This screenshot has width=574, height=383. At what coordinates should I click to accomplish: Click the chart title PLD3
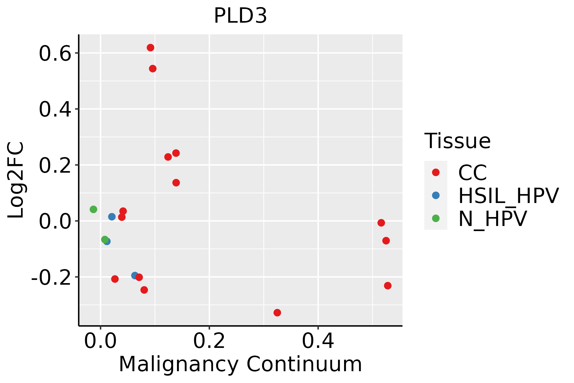pyautogui.click(x=240, y=16)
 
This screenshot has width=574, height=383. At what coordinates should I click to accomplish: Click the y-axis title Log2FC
pyautogui.click(x=16, y=180)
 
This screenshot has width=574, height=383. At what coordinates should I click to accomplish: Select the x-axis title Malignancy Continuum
pyautogui.click(x=240, y=364)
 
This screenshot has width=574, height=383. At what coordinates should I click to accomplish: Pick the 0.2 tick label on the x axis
pyautogui.click(x=209, y=342)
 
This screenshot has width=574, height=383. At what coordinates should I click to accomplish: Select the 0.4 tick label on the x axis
pyautogui.click(x=318, y=342)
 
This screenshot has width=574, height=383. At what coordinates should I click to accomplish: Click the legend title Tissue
pyautogui.click(x=457, y=141)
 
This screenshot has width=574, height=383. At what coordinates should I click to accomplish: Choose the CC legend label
pyautogui.click(x=472, y=173)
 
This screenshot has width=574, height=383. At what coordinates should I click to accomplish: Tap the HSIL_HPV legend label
pyautogui.click(x=508, y=196)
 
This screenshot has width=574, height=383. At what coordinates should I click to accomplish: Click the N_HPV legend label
pyautogui.click(x=492, y=219)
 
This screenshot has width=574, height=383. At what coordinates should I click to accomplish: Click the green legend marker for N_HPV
pyautogui.click(x=436, y=218)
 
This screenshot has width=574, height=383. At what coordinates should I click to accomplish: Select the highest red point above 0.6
pyautogui.click(x=151, y=48)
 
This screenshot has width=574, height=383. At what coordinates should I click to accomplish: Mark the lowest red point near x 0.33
pyautogui.click(x=277, y=312)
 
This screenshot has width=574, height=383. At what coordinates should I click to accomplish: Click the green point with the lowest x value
pyautogui.click(x=93, y=209)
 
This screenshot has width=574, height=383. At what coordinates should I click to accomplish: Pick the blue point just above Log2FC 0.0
pyautogui.click(x=112, y=217)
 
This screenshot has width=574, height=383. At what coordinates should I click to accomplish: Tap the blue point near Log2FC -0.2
pyautogui.click(x=135, y=275)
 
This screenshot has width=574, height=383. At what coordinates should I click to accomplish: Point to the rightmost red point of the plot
pyautogui.click(x=388, y=286)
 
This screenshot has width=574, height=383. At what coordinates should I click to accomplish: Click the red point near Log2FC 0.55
pyautogui.click(x=153, y=69)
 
